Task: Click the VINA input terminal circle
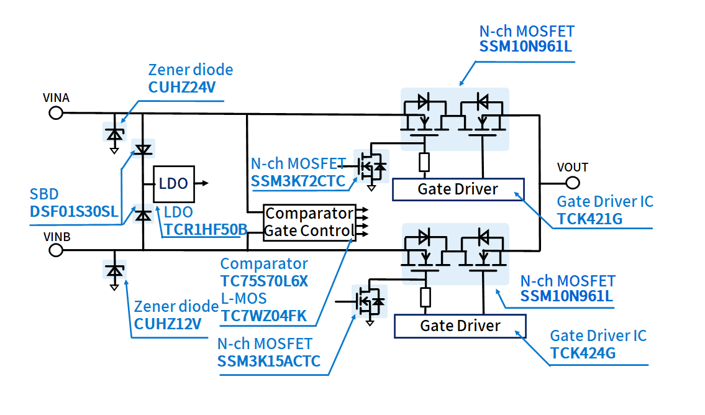click(56, 112)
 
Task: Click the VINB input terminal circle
click(56, 250)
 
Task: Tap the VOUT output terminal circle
click(573, 183)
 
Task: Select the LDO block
click(173, 184)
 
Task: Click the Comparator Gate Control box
click(309, 222)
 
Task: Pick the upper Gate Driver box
click(458, 189)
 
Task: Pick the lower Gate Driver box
click(460, 326)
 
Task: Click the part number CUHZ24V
click(182, 87)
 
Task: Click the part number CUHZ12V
click(168, 324)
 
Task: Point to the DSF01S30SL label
click(74, 211)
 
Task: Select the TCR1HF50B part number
click(206, 229)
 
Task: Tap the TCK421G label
click(589, 219)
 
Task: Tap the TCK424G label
click(583, 353)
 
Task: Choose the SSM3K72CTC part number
click(299, 181)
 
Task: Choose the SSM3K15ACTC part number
click(269, 361)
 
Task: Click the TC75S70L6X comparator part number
click(264, 281)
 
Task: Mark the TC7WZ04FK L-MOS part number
click(264, 316)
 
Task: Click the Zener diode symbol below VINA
click(114, 133)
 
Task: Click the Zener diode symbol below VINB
click(114, 271)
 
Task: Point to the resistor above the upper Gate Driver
click(424, 162)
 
